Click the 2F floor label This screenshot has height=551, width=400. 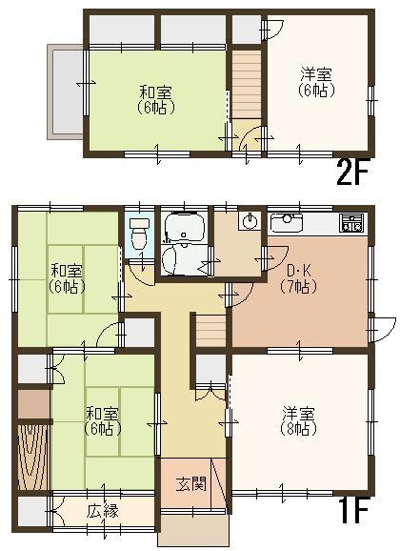pyautogui.click(x=353, y=172)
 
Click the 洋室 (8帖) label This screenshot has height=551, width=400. pyautogui.click(x=297, y=420)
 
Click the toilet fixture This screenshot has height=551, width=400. pyautogui.click(x=139, y=233)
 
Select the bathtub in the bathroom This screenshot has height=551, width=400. pyautogui.click(x=182, y=228)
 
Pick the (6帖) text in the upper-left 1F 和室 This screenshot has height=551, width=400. pyautogui.click(x=66, y=286)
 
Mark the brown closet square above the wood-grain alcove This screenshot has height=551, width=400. pyautogui.click(x=33, y=403)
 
